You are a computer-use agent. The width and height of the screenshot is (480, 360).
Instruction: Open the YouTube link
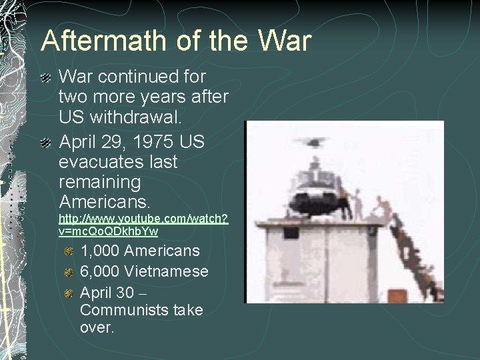click(x=143, y=225)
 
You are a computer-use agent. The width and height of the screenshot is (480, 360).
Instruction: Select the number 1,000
click(x=99, y=251)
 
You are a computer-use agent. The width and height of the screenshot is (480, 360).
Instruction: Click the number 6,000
click(x=99, y=271)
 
